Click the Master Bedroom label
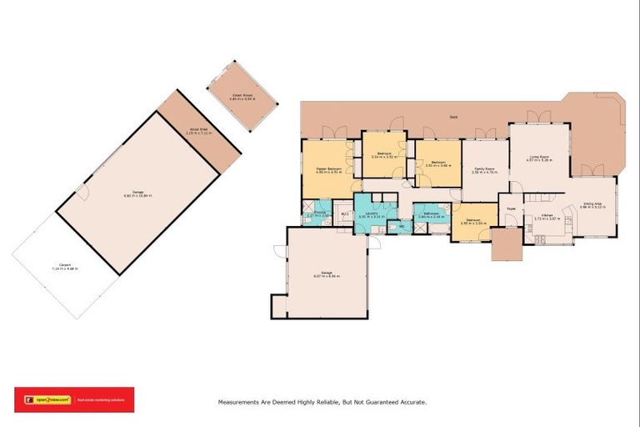pos(331,169)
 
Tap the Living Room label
pos(538,155)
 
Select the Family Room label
pos(483,169)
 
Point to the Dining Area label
pos(593,203)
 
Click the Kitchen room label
pos(547,215)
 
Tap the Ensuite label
pos(318,213)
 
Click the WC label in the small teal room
pos(401,226)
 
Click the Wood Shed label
pos(198,128)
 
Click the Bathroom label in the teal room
pos(431,213)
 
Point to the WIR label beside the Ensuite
pos(343,214)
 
